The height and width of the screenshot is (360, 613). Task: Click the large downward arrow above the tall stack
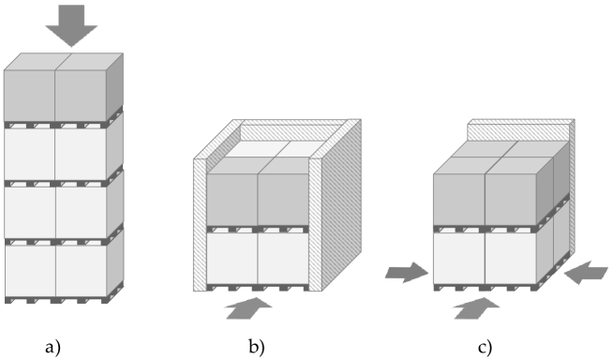point(71,25)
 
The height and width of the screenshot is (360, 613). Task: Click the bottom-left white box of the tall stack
point(29,270)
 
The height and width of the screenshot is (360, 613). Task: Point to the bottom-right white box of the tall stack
point(81,270)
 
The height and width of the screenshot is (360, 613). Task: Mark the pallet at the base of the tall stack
point(56,300)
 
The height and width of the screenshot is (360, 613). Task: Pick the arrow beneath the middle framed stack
point(248,307)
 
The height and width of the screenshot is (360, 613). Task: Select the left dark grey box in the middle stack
point(232,200)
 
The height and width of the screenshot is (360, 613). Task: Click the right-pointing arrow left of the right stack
point(407,273)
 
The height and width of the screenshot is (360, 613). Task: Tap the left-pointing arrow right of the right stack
point(585,273)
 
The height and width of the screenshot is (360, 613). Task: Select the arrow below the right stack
point(477,307)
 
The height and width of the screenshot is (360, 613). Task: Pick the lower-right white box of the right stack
point(510,257)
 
